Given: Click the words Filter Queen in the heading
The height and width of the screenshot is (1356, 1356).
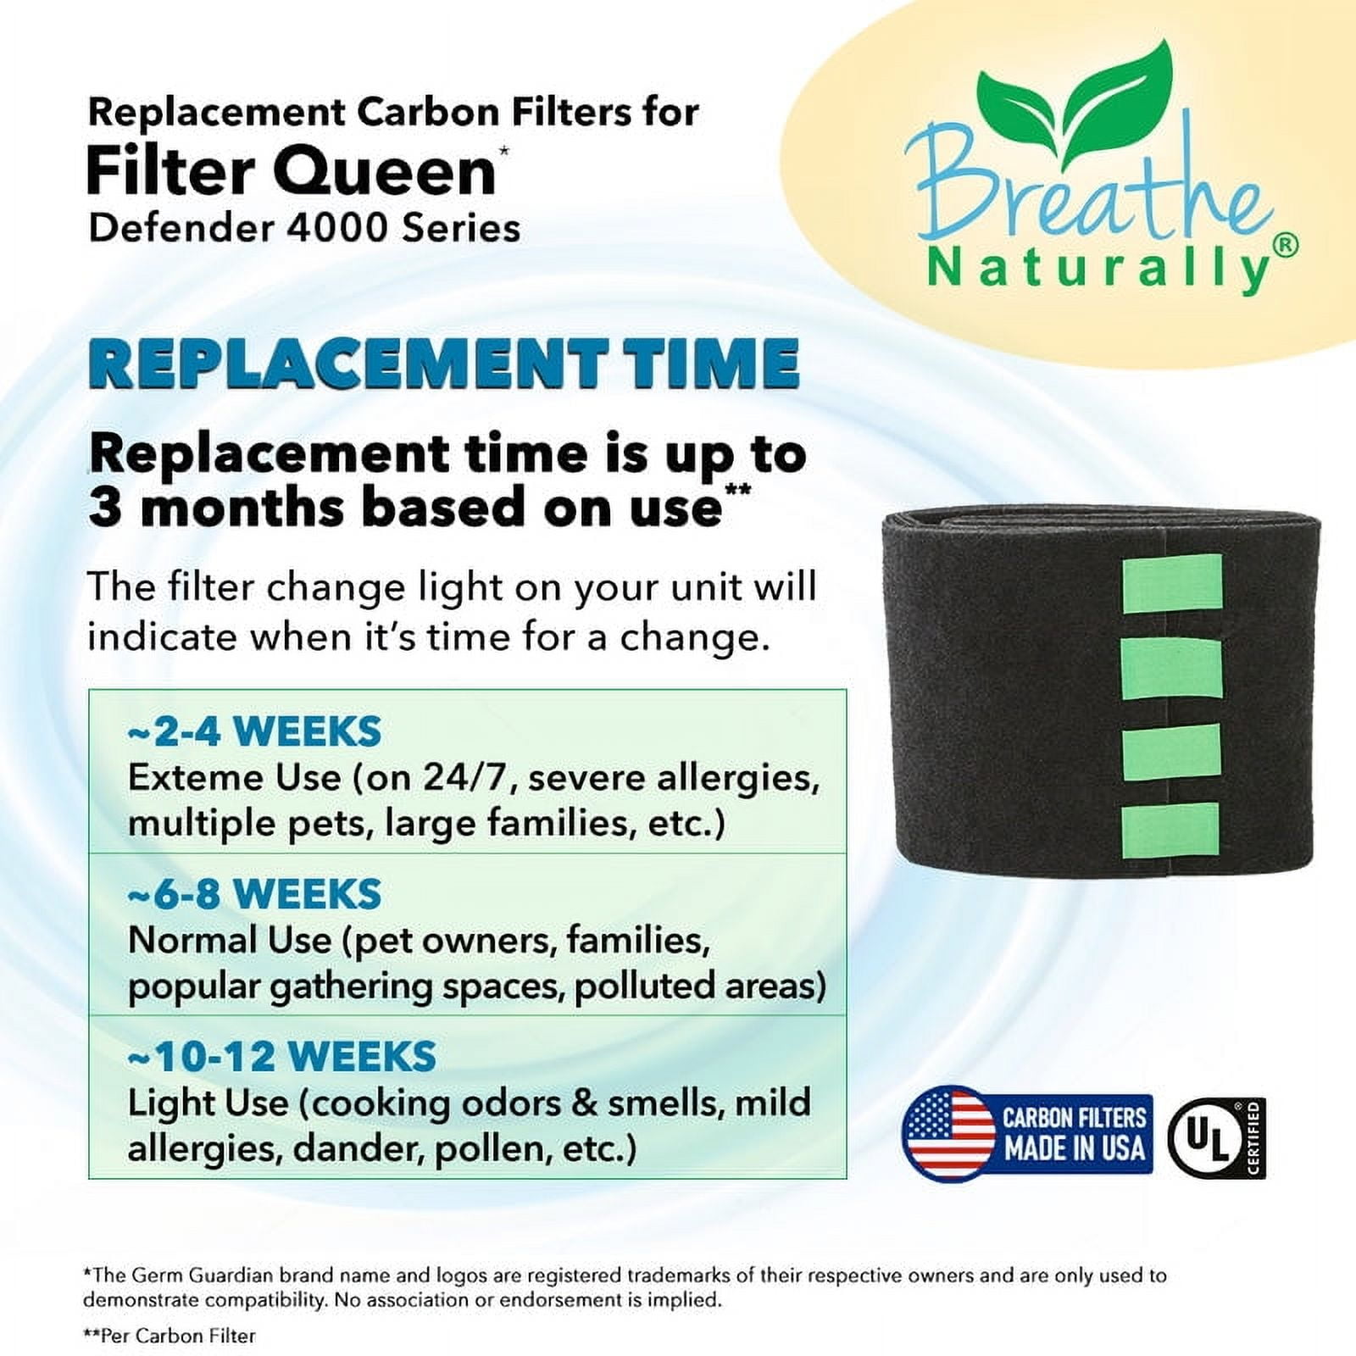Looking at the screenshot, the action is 291,171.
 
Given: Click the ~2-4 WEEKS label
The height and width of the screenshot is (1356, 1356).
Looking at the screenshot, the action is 254,731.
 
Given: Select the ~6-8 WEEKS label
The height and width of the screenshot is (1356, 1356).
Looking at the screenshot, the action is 254,894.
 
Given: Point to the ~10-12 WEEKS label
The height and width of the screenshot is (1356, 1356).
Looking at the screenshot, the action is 281,1057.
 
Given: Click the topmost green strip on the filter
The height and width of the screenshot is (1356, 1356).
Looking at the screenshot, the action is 1172,583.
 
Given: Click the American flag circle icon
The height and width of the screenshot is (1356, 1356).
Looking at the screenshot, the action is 948,1134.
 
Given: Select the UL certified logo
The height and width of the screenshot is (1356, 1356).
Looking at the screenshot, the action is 1216,1138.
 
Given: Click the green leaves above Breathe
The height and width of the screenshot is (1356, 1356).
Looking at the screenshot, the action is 1076,93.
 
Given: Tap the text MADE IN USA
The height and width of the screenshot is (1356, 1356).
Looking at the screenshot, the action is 1075,1149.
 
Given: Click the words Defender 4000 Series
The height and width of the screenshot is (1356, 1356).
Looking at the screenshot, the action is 304,228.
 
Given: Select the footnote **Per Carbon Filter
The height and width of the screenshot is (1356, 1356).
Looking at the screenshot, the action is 169,1336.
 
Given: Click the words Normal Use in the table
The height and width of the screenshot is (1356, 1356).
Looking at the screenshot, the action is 229,940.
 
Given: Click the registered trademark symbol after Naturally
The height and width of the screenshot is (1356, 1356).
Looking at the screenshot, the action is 1285,244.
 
